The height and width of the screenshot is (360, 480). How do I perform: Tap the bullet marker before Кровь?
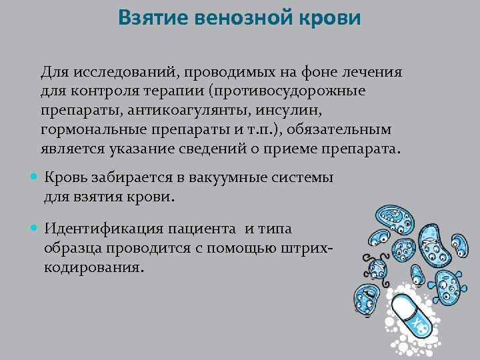(x=35, y=179)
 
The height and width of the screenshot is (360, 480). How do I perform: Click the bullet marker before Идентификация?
(x=35, y=229)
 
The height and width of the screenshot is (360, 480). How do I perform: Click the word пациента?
(x=205, y=229)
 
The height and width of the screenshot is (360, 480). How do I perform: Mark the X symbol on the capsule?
(x=419, y=325)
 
